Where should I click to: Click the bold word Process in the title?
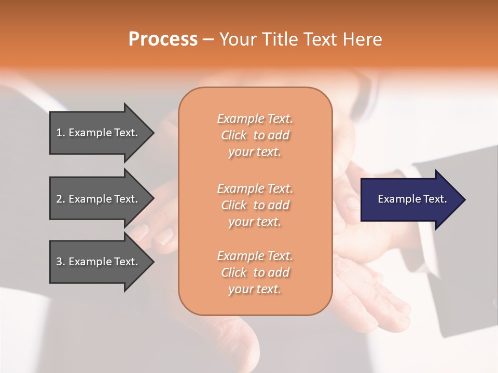click(163, 39)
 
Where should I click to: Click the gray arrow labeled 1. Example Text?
click(99, 133)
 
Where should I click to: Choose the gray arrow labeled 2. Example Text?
click(99, 199)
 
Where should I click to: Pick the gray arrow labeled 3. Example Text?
click(99, 262)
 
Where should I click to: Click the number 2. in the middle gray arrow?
click(61, 199)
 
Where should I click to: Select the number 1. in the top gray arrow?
click(61, 133)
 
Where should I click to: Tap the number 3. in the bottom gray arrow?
click(61, 262)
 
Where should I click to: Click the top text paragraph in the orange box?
click(255, 135)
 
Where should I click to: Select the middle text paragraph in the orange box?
click(255, 205)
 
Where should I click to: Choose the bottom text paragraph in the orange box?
click(255, 272)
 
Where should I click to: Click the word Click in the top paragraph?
click(234, 135)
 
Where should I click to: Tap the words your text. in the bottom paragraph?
click(255, 289)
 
